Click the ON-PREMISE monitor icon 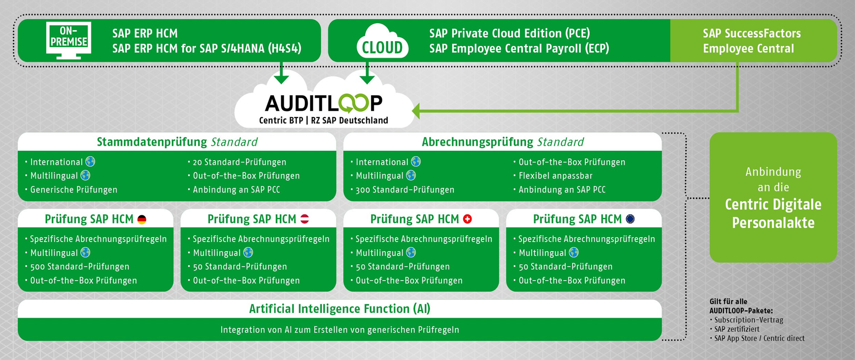tap(69, 40)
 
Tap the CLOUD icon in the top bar tap(382, 43)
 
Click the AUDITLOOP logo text tap(324, 103)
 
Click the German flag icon tap(142, 220)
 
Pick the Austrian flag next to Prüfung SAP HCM tap(305, 219)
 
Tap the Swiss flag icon tap(467, 219)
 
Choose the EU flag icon tap(630, 219)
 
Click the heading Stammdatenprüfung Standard tap(177, 142)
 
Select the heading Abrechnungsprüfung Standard tap(502, 142)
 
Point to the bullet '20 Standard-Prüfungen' tap(240, 162)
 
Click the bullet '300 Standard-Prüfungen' tap(405, 190)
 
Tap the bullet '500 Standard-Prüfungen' tap(80, 267)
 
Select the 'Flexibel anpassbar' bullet tap(555, 176)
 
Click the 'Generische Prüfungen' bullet tap(74, 190)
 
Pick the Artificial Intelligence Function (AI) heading tap(340, 309)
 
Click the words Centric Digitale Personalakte tap(773, 213)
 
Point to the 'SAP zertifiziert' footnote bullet tap(736, 329)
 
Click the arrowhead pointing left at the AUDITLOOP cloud tap(416, 111)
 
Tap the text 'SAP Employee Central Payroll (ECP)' tap(519, 48)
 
